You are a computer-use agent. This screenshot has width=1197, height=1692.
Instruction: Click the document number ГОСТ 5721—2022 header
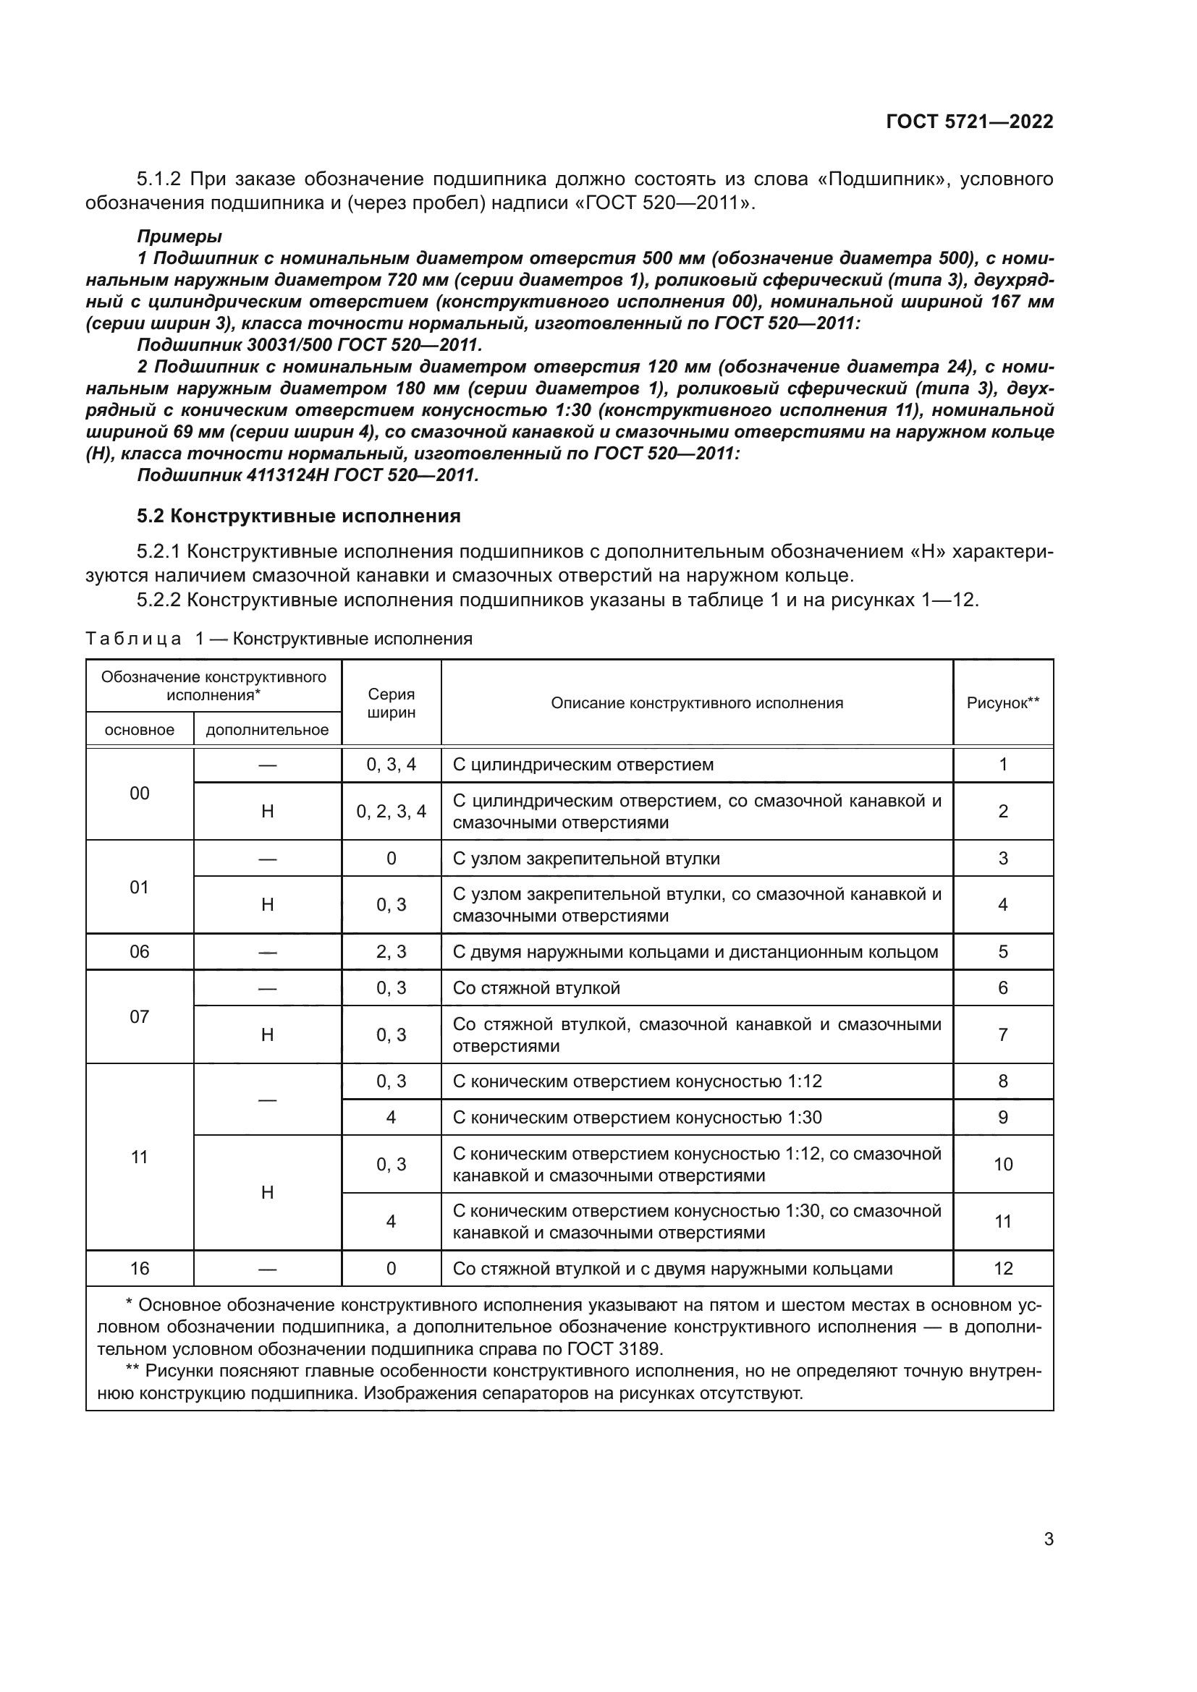969,122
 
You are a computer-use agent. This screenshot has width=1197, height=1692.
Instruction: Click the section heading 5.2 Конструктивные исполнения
298,516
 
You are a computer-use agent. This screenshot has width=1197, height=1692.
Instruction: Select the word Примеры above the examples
179,237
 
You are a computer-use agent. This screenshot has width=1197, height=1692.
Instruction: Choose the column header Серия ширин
391,703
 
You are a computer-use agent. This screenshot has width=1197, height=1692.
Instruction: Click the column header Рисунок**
1002,703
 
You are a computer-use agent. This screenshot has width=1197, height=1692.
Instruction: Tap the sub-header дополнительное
267,730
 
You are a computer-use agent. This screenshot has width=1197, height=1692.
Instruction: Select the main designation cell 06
139,951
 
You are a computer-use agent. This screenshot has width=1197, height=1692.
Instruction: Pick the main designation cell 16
139,1268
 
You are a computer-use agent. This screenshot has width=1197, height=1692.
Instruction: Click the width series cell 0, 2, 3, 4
391,812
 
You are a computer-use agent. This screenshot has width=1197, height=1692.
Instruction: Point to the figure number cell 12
1002,1268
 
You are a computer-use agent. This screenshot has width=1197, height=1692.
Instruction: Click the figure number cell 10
1002,1165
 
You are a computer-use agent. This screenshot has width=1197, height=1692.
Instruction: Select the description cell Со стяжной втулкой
536,987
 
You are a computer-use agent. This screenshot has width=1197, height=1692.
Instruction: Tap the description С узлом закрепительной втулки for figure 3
586,859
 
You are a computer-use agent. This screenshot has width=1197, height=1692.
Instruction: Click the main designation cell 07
139,1017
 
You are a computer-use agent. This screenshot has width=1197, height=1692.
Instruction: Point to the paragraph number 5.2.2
158,600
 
